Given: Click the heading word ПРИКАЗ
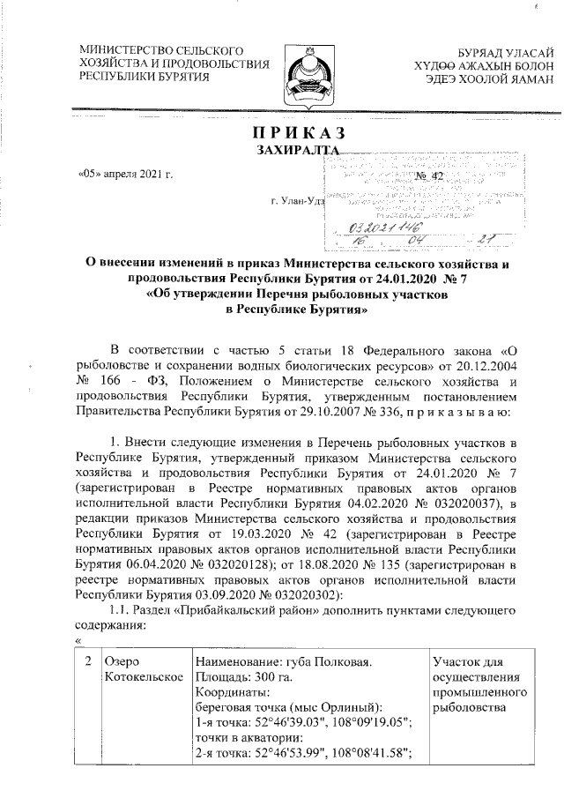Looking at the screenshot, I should click(x=297, y=133).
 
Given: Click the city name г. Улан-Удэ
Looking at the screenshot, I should click(x=300, y=202).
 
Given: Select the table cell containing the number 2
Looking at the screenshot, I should click(x=85, y=660).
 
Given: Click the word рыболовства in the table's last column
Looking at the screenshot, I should click(x=468, y=708).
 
